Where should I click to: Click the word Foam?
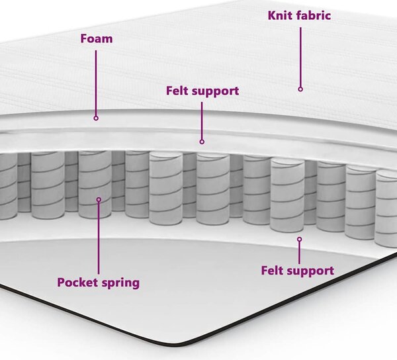coord(97,39)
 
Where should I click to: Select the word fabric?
coord(314,15)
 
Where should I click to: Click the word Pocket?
coord(77,283)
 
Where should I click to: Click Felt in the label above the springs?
coord(177,91)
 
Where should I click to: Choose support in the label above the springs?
coord(215,91)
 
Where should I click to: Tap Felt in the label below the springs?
coord(272,271)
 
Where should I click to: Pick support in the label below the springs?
coord(310,271)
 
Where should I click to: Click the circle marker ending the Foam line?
coord(96,118)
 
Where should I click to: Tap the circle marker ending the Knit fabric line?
coord(300,89)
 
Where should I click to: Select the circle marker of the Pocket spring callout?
coord(99,200)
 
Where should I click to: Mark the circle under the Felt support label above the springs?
coord(202,142)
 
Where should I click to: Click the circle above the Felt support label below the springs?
coord(300,240)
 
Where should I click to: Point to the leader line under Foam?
coord(96,83)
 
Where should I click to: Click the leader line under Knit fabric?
coord(300,57)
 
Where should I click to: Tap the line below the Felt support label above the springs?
coord(202,120)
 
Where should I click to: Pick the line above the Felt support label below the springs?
coord(299,253)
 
